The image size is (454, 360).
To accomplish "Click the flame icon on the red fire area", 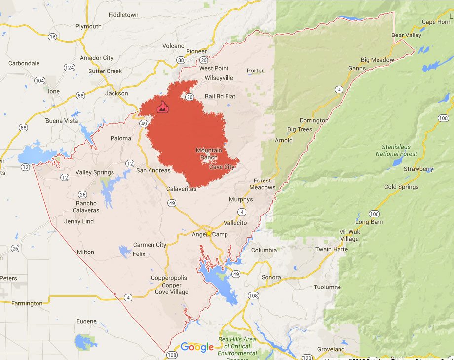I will point(161,107).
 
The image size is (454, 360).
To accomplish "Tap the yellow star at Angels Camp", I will point(209,233).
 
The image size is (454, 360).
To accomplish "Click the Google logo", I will point(197,347).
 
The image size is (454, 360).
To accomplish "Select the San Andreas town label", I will point(153,170).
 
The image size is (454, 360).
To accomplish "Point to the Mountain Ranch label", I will point(209,154).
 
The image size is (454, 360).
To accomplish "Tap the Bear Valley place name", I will point(406,36).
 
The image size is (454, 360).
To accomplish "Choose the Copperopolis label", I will point(169,278).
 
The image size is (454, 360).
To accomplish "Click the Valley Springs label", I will point(94,172).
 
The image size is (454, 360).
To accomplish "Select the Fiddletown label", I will point(123,15).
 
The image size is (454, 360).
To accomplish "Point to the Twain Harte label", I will point(332,249).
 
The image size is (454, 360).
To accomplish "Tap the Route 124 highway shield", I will point(69,67).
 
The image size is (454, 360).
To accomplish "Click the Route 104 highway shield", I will point(39,80).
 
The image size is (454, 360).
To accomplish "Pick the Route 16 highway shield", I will point(53,36).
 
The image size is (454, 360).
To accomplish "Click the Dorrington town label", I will point(314,120).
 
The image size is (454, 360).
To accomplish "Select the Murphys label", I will point(241,199).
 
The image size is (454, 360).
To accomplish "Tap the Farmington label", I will point(27,303).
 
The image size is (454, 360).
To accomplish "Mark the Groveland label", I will point(331,349).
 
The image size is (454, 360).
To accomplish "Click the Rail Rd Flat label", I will point(220,96).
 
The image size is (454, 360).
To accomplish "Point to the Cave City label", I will point(222,167).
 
